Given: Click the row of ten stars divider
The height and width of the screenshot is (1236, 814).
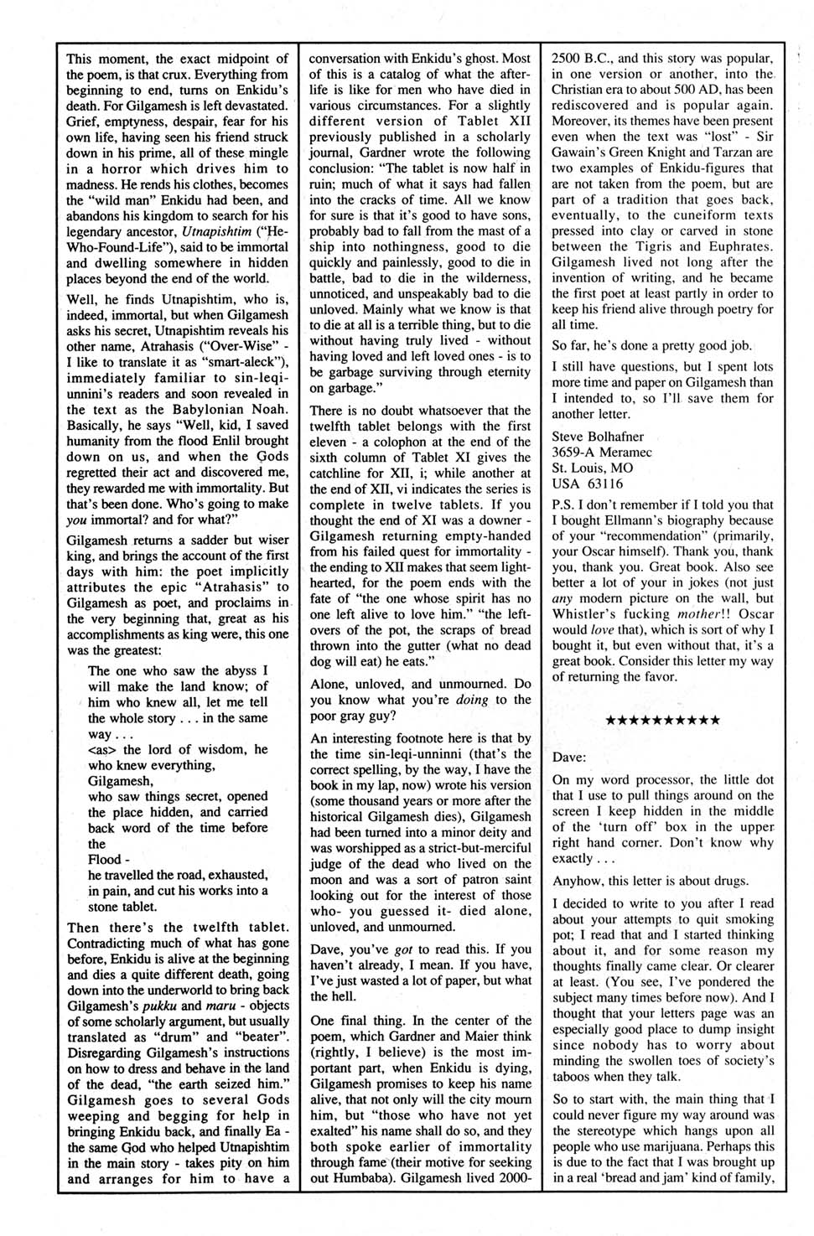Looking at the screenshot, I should pyautogui.click(x=662, y=720).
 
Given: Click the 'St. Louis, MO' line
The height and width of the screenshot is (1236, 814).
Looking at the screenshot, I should pyautogui.click(x=592, y=468).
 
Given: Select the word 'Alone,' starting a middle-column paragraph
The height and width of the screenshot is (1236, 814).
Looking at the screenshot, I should pyautogui.click(x=330, y=684).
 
